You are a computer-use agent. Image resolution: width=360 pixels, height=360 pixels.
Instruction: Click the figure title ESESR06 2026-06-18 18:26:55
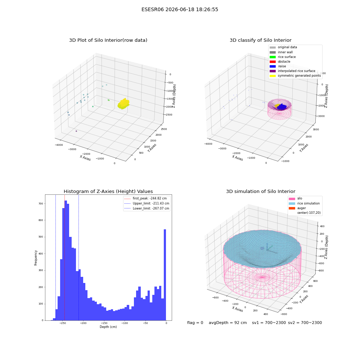(x=180, y=9)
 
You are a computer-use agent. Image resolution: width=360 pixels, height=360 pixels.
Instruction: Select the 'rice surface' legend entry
(x=283, y=57)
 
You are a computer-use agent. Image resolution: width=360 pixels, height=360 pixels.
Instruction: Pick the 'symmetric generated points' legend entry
(x=295, y=76)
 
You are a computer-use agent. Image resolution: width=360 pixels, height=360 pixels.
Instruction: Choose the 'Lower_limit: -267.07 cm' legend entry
(x=147, y=208)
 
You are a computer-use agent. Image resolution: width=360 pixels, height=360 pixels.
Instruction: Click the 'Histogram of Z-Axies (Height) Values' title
(x=108, y=191)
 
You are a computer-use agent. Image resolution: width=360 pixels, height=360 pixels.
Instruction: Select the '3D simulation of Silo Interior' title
(x=261, y=191)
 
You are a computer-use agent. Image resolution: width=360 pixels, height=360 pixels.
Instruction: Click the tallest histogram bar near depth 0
(x=165, y=275)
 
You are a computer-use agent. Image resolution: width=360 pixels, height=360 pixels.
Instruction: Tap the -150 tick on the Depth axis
(x=104, y=323)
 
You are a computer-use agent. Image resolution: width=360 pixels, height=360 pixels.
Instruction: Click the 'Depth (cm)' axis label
(x=108, y=327)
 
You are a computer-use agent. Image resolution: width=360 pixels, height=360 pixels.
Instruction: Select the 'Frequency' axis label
(x=36, y=258)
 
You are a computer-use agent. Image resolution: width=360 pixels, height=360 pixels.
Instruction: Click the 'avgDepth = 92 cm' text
(x=228, y=323)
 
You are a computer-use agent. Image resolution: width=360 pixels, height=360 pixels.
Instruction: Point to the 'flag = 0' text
(x=195, y=323)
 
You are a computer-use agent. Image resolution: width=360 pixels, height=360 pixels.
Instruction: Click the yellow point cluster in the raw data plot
(x=123, y=104)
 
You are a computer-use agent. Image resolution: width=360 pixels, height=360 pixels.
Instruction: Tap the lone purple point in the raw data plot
(x=76, y=131)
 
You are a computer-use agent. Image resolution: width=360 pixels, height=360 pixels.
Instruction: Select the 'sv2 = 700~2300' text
(x=305, y=323)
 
